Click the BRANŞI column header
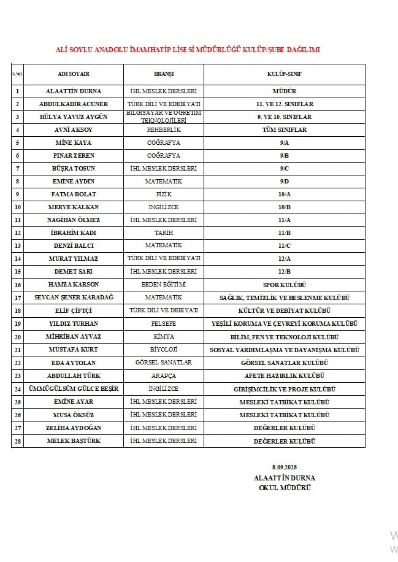tap(164, 74)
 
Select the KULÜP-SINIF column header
tap(284, 74)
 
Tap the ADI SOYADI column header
tap(74, 74)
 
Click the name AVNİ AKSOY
tap(74, 130)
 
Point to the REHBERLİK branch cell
tap(164, 130)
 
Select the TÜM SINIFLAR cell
tap(284, 130)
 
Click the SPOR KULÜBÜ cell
tap(284, 285)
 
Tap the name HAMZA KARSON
tap(74, 285)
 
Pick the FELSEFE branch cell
tap(164, 323)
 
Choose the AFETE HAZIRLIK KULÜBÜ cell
tap(284, 375)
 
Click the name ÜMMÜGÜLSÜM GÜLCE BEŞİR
tap(74, 389)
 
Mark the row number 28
tap(17, 441)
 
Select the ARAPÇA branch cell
tap(164, 375)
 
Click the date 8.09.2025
tap(284, 468)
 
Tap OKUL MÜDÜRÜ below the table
tap(285, 487)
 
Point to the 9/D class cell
tap(284, 182)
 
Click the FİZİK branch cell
tap(164, 194)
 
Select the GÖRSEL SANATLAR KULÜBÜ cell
tap(284, 363)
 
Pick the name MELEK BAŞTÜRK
tap(74, 441)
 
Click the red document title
tap(188, 50)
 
